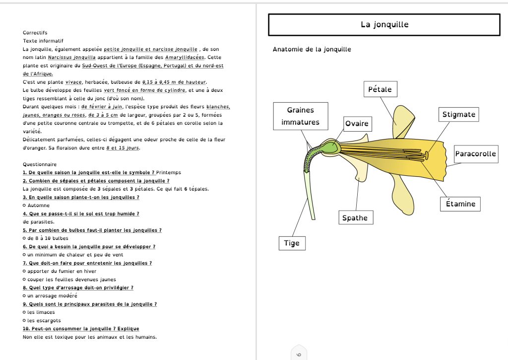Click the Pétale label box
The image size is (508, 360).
coord(380,89)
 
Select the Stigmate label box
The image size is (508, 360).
coord(458,114)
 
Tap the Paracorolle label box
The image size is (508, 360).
coord(475,153)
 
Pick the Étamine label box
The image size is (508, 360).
coord(460,204)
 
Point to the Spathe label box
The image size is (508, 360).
coord(355,217)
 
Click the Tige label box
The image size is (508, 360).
coord(292,243)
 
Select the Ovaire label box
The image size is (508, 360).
coord(357,123)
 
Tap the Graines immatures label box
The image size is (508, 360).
coord(300,116)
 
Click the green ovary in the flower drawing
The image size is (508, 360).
coord(330,147)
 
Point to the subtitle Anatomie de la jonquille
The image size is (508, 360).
coord(312,50)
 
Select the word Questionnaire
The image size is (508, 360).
coord(39,164)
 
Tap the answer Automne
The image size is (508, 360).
coord(39,205)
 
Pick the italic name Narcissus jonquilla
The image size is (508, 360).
coord(71,58)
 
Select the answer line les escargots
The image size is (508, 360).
coord(44,320)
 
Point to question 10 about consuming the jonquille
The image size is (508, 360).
coord(81,329)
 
